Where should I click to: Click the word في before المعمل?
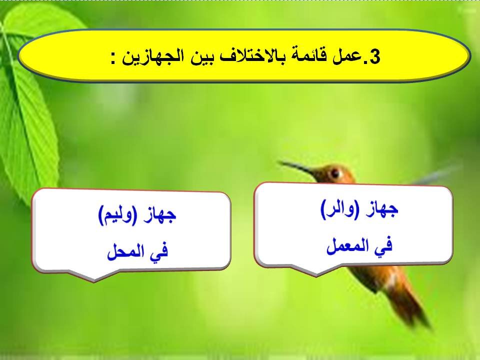pos(384,245)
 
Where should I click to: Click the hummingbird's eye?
pos(335,173)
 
